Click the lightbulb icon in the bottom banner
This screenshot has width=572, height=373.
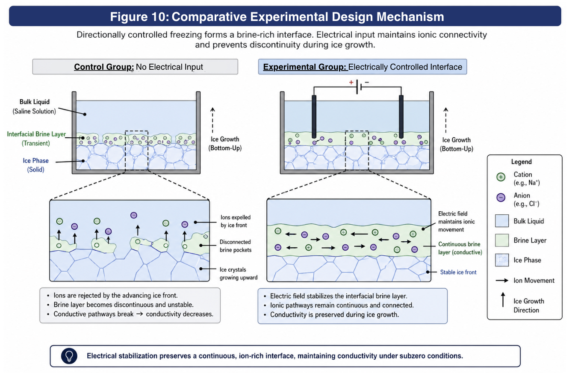pos(69,356)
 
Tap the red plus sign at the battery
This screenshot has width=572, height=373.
pos(351,82)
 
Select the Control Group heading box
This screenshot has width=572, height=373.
pos(135,67)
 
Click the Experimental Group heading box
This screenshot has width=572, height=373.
pos(363,67)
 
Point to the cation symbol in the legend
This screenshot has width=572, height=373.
pos(501,177)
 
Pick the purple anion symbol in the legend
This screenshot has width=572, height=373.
pos(501,198)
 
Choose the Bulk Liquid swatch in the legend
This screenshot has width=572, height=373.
pos(502,221)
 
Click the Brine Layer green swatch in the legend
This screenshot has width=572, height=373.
pos(502,240)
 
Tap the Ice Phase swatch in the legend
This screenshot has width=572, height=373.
pos(502,260)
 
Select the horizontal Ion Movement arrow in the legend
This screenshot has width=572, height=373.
pos(502,281)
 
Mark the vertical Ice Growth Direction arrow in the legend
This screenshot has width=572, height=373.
pos(503,299)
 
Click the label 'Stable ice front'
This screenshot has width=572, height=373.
pos(458,272)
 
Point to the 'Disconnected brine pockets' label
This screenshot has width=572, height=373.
pos(236,246)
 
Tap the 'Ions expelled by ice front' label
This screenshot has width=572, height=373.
pos(236,221)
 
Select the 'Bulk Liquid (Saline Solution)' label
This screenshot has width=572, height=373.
pos(34,107)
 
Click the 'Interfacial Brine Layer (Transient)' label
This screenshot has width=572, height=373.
pos(36,139)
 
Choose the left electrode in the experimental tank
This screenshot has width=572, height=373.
pos(314,117)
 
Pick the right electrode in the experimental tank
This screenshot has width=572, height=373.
pos(401,117)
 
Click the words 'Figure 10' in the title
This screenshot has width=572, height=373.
pos(139,17)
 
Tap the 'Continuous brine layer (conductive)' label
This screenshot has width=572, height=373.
pos(460,248)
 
